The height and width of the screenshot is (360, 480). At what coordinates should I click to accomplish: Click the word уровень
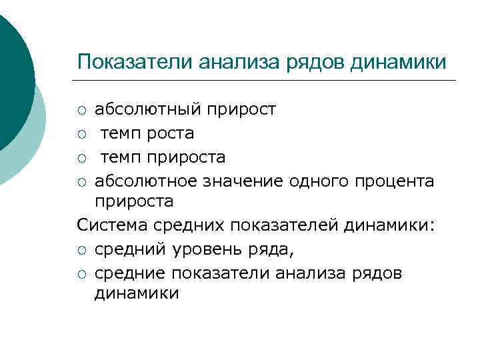218,249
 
